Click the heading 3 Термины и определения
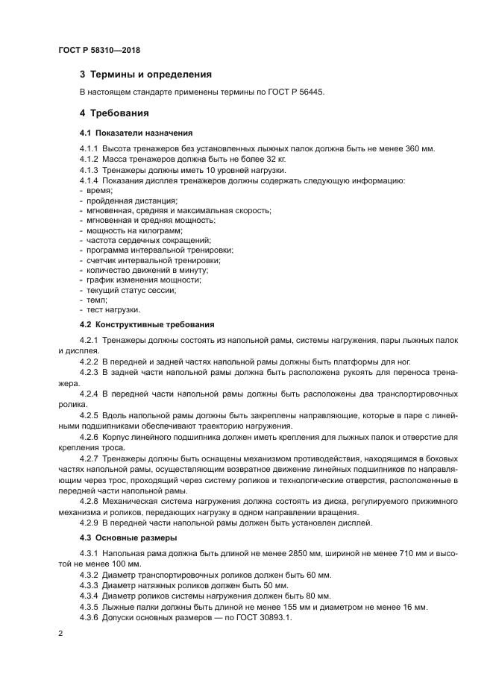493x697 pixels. [145, 75]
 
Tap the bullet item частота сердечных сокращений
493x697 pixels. [148, 240]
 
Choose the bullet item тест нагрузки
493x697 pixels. [113, 309]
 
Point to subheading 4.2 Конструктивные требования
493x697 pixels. [147, 325]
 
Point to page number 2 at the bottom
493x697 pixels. [60, 635]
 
